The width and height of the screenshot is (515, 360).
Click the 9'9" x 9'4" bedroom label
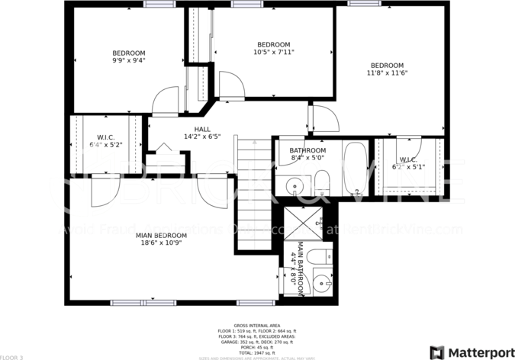pos(128,56)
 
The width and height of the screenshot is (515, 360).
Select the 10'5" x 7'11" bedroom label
pos(272,48)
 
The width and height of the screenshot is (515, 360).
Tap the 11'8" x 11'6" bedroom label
pos(387,69)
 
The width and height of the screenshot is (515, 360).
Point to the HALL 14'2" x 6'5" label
pos(202,133)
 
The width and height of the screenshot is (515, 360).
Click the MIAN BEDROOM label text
pos(161,239)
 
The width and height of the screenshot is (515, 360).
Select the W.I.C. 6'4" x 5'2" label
pos(105,140)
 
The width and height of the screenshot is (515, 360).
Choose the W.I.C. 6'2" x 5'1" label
pos(408,162)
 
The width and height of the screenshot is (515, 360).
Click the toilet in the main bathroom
pos(322,256)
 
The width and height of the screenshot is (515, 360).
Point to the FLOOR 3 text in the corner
pos(13,356)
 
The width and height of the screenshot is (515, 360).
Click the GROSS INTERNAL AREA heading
pos(257,325)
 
